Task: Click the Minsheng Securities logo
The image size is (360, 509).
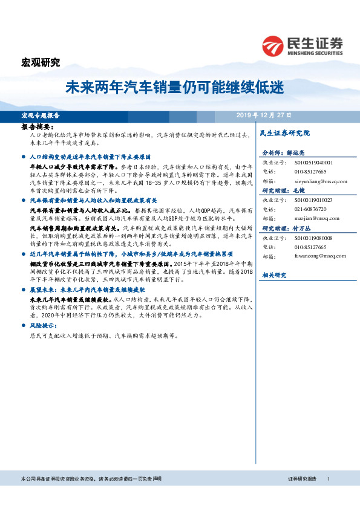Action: [x=303, y=45]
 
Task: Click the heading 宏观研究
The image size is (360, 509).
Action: [x=41, y=62]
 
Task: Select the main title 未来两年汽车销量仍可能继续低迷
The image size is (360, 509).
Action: [x=174, y=88]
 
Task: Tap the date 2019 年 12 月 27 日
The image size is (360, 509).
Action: [x=263, y=115]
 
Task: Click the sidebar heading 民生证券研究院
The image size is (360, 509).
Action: [x=284, y=132]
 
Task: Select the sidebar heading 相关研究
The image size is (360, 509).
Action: [x=273, y=275]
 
